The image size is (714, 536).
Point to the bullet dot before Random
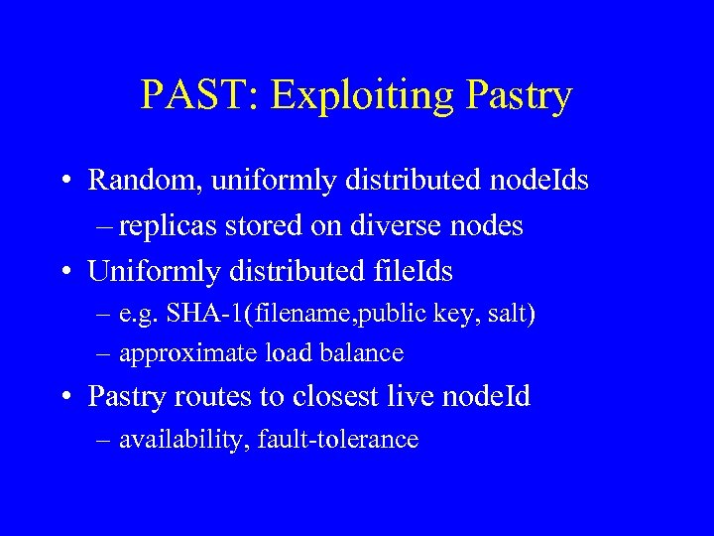pyautogui.click(x=62, y=181)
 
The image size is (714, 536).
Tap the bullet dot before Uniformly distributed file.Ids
pyautogui.click(x=62, y=270)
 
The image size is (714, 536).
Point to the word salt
pyautogui.click(x=510, y=314)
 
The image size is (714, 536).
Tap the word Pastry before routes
pyautogui.click(x=128, y=397)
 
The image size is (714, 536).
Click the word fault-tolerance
pyautogui.click(x=337, y=439)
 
